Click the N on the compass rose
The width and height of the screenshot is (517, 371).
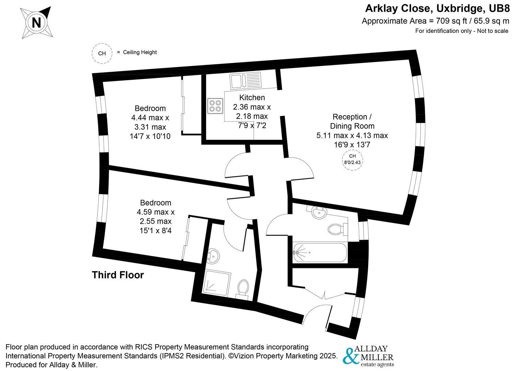tap(36, 23)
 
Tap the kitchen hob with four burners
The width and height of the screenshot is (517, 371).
tap(215, 105)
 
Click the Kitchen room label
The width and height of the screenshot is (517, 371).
tap(252, 98)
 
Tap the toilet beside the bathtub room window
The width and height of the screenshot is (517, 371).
tap(337, 228)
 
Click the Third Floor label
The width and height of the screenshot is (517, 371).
tap(118, 275)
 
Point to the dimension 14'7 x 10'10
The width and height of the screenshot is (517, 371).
tap(150, 136)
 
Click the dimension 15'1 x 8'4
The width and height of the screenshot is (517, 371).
tap(155, 231)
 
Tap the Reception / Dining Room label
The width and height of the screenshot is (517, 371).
tap(352, 121)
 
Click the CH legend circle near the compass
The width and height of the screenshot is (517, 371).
tap(102, 54)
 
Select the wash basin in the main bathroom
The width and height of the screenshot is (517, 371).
tap(319, 213)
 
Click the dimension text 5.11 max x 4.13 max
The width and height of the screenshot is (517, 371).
tap(352, 136)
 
